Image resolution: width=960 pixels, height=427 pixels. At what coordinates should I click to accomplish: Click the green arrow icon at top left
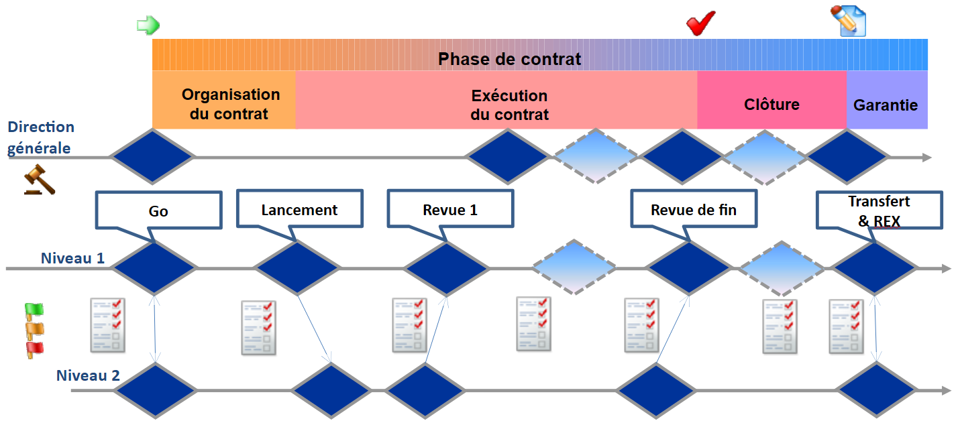148,25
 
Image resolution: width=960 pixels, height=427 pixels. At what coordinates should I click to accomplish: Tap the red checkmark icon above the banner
702,24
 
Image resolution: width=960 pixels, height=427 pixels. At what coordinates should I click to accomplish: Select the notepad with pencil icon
848,21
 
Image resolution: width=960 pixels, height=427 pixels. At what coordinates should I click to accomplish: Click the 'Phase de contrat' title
509,59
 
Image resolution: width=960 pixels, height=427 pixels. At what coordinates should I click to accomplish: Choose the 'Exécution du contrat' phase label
509,105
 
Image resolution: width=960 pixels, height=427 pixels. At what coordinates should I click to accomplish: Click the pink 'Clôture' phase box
771,105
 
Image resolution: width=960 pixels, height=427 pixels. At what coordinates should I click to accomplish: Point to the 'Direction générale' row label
41,137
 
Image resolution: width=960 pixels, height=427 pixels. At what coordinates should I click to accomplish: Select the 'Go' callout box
158,211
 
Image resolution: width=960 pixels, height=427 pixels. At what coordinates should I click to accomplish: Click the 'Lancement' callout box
299,210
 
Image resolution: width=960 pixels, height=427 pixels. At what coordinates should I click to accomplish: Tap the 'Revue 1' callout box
450,210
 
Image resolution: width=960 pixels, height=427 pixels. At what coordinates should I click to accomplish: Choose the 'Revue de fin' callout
693,210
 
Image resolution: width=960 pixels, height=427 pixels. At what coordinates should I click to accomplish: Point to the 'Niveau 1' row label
72,258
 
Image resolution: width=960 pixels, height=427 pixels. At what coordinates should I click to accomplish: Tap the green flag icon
34,310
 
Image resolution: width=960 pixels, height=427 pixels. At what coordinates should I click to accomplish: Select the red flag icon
34,349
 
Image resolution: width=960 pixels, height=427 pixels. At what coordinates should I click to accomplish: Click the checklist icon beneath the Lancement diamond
258,327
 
